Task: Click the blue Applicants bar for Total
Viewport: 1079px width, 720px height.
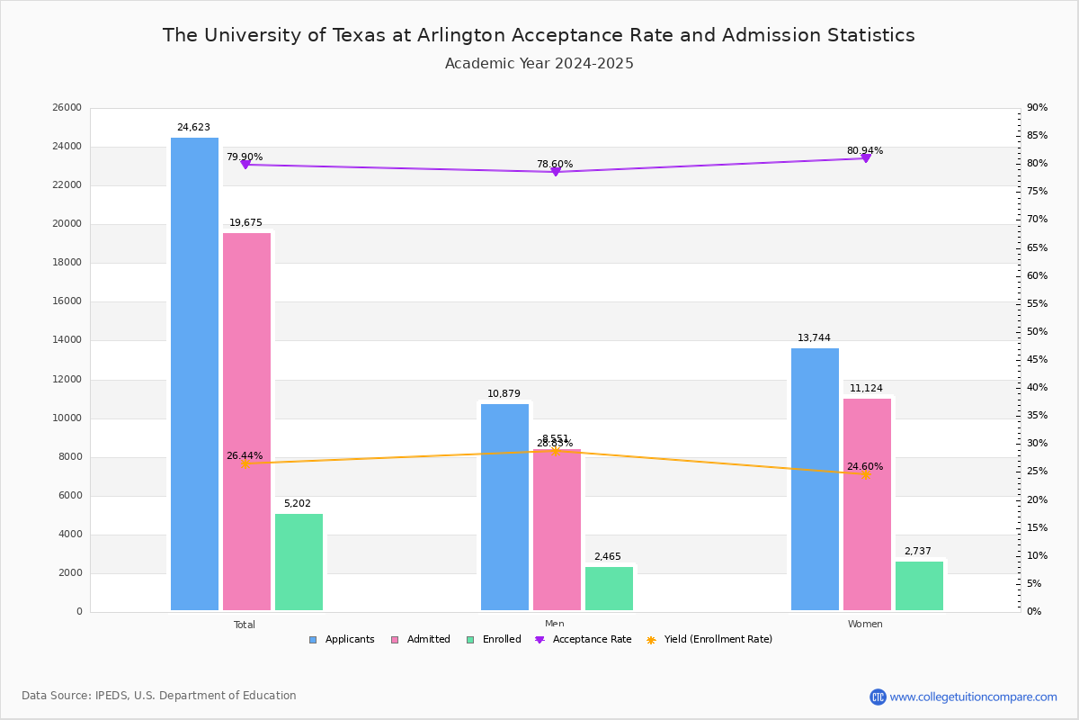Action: coord(194,373)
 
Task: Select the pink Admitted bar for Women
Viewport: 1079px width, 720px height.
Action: coord(867,504)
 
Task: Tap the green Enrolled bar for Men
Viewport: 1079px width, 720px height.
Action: coord(609,589)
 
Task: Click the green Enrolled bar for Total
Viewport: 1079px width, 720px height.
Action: coord(299,562)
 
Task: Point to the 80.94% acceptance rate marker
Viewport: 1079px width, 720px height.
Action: coord(865,158)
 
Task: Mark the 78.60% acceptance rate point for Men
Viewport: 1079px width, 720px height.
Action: coord(555,171)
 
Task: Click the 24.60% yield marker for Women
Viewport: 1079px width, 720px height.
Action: coord(865,474)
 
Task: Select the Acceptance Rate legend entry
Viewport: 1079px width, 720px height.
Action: coord(584,640)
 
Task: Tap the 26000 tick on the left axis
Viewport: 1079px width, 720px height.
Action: coord(67,108)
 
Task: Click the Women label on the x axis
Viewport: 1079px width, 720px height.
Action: coord(865,625)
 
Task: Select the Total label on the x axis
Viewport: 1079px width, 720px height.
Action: coord(245,625)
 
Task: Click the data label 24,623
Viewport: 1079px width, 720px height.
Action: coord(193,128)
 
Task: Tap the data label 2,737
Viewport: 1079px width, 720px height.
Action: coord(918,552)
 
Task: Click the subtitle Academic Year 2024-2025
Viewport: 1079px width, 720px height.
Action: coord(539,64)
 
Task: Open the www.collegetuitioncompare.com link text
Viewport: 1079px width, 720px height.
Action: coord(973,697)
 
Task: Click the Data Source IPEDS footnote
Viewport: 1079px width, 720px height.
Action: coord(159,696)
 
